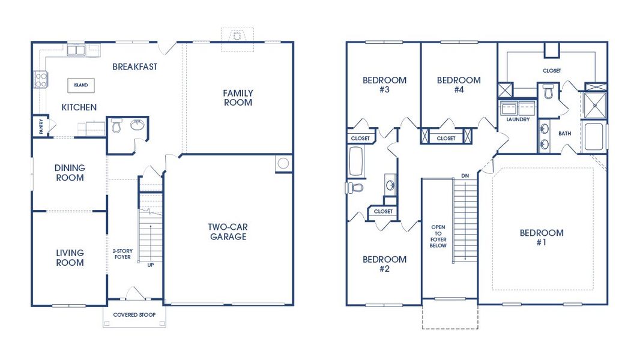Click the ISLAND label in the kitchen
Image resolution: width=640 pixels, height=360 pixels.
point(80,85)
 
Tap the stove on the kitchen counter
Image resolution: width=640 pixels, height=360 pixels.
point(40,79)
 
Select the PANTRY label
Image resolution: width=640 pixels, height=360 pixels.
point(35,127)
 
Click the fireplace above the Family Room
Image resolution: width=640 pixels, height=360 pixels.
point(237,35)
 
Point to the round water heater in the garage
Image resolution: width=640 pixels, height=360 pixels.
point(283,163)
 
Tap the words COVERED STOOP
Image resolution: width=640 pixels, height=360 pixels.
point(134,315)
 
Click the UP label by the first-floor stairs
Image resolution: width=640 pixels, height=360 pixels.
point(150,265)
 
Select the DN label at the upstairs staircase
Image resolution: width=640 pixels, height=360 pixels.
point(465,175)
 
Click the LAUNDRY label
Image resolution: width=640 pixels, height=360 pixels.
point(518,119)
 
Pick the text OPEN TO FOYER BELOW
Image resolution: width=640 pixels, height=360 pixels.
point(438,236)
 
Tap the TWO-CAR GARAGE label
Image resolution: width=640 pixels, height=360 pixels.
point(228,232)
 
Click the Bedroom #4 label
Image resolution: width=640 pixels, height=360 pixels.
point(459,85)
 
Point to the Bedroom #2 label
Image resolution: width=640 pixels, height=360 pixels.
point(384,264)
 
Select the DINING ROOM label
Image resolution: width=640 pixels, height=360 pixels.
point(70,173)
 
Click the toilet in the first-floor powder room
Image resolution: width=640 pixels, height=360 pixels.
point(116,126)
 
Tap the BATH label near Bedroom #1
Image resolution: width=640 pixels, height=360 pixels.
point(564,133)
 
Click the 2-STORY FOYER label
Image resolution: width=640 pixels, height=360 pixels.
point(122,254)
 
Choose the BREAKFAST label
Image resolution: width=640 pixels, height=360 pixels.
point(134,67)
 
